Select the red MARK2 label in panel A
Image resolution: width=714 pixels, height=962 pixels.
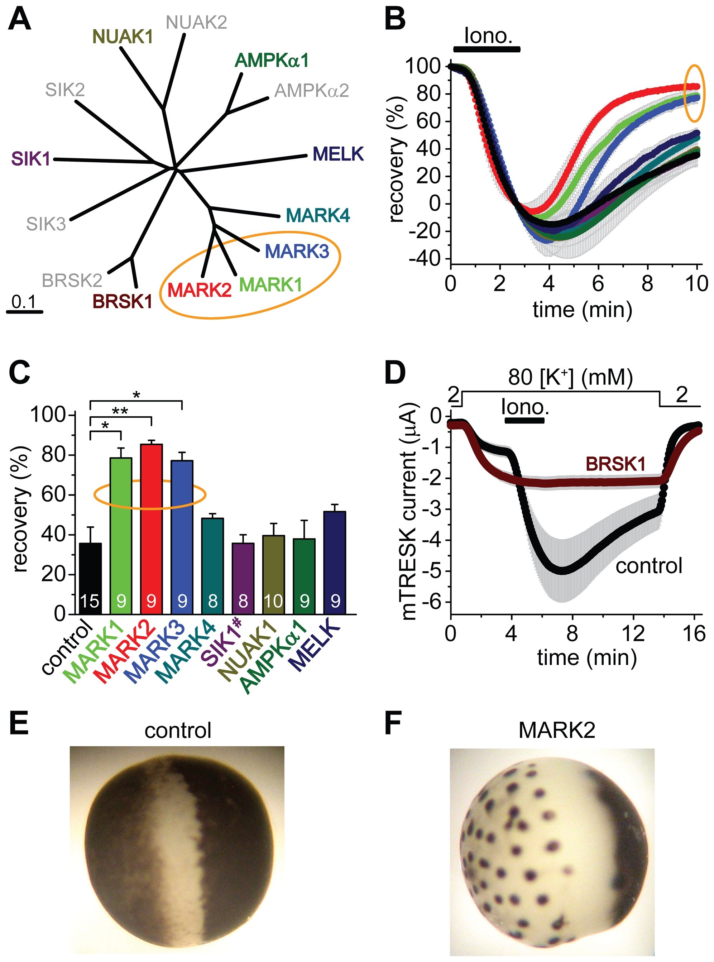point(199,290)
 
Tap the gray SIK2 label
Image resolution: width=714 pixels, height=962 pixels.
point(65,90)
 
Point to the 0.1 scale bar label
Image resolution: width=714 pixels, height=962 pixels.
point(24,302)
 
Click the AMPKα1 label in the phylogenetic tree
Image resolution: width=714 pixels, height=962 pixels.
point(272,61)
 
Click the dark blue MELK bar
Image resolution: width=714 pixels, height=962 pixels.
point(335,562)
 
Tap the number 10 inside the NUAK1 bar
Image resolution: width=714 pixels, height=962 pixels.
point(273,601)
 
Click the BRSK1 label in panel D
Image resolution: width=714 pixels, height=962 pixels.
point(615,464)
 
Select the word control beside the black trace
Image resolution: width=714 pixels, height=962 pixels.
point(649,566)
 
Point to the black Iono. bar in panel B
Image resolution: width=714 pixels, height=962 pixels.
point(487,49)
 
